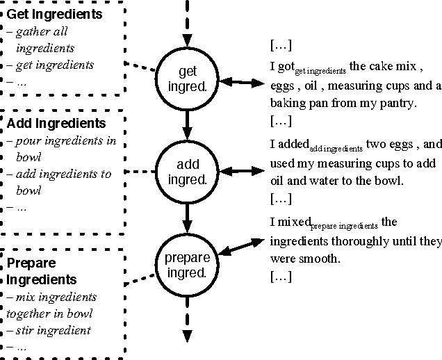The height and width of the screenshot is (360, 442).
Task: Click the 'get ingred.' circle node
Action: coord(187,79)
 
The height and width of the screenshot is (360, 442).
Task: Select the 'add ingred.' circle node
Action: coord(187,171)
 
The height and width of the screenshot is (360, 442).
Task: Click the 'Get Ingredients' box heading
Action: coord(54,14)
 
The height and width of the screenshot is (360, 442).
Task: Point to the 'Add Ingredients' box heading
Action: coord(56,124)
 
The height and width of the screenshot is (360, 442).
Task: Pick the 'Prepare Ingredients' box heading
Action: coord(42,271)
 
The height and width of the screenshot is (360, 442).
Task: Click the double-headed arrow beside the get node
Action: coord(239,83)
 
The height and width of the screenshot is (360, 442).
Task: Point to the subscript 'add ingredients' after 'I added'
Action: coord(336,149)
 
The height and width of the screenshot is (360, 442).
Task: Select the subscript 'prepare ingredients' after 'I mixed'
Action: coord(344,226)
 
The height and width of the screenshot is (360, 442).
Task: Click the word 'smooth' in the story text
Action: coord(322,259)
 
